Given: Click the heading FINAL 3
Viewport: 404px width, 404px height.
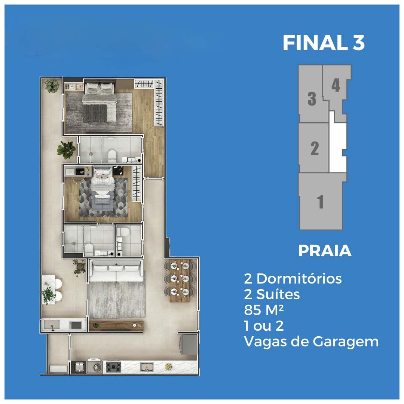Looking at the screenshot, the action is point(324,43).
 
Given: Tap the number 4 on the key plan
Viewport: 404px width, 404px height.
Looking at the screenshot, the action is point(336,85).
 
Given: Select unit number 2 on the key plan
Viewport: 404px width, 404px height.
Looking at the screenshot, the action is point(315,148).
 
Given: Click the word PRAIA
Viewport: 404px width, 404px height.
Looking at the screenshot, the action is point(325,251).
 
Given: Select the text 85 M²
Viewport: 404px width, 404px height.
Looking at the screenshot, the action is point(264,310).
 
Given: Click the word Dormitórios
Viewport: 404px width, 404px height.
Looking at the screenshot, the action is point(299,279).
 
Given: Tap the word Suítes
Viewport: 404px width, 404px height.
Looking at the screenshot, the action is point(278,294).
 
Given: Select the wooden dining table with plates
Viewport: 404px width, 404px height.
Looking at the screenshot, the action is point(180,281).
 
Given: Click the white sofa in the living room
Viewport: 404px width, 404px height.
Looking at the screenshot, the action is point(116,270).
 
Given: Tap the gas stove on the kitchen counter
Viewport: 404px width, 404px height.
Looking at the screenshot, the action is point(113,367).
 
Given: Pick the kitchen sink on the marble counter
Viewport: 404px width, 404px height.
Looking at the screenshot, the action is point(147,367).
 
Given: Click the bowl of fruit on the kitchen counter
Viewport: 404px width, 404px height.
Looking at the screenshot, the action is point(168,366).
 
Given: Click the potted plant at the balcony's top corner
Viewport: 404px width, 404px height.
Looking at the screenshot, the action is point(52,86).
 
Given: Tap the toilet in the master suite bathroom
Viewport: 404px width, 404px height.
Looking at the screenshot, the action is point(112,156).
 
